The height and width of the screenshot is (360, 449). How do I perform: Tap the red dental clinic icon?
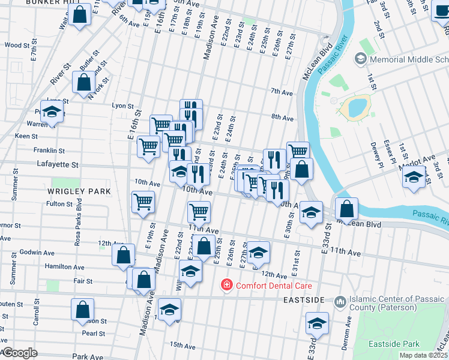pyautogui.click(x=227, y=284)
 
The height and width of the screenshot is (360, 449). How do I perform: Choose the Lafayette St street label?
pyautogui.click(x=58, y=164)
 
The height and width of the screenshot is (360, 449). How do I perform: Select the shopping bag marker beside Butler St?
pyautogui.click(x=85, y=83)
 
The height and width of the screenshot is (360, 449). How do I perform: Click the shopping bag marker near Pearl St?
pyautogui.click(x=83, y=309)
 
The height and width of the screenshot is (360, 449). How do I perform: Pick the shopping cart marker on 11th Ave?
pyautogui.click(x=199, y=211)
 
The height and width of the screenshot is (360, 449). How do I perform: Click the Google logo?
pyautogui.click(x=19, y=353)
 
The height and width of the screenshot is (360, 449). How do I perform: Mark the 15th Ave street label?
pyautogui.click(x=182, y=346)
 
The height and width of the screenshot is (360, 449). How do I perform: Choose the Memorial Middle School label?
pyautogui.click(x=408, y=60)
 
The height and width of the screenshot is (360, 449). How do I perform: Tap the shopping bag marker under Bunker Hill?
pyautogui.click(x=79, y=14)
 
